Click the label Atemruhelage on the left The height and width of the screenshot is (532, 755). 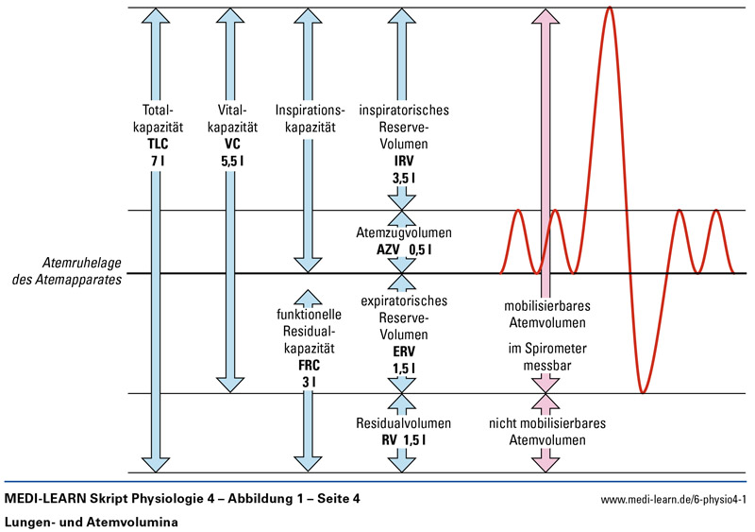coord(82,262)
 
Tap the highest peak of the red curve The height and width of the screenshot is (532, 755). coord(610,8)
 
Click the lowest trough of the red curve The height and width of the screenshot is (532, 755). coord(643,390)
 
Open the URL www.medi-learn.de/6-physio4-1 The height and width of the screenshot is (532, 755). coord(674,499)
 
